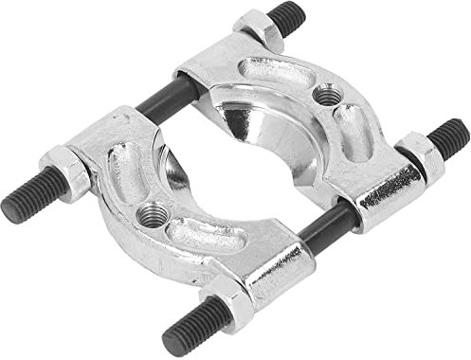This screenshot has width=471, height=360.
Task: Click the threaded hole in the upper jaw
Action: [328, 96]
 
